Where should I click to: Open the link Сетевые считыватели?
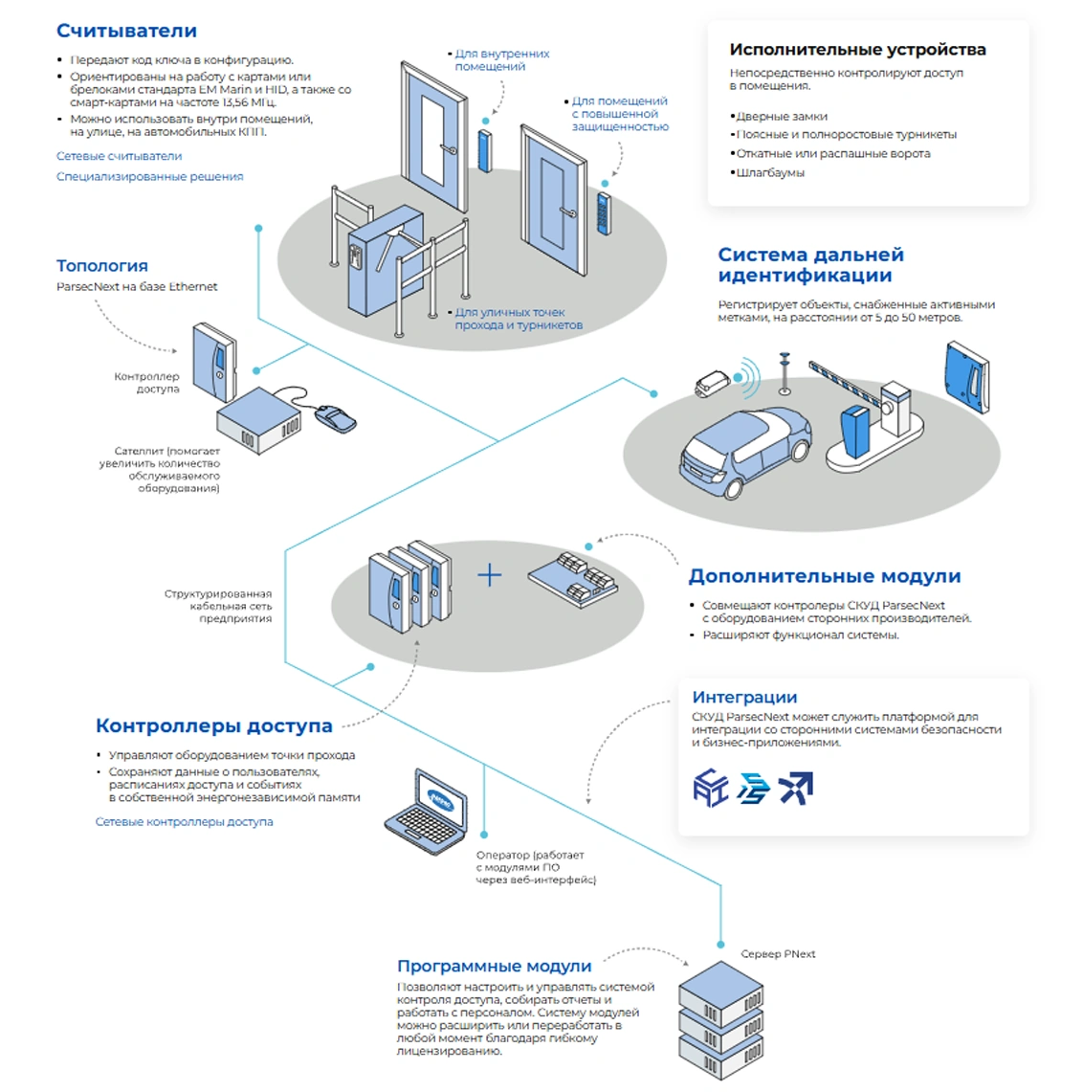pyautogui.click(x=119, y=156)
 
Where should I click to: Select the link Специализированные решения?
pyautogui.click(x=149, y=176)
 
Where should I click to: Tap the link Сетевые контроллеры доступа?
pyautogui.click(x=184, y=821)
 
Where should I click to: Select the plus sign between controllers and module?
pyautogui.click(x=489, y=574)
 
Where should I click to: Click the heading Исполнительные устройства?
pyautogui.click(x=857, y=50)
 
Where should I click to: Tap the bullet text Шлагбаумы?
pyautogui.click(x=770, y=173)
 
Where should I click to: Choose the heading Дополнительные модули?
pyautogui.click(x=824, y=576)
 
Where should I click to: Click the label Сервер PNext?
pyautogui.click(x=778, y=954)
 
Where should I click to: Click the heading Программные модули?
pyautogui.click(x=494, y=967)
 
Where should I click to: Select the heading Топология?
pyautogui.click(x=101, y=266)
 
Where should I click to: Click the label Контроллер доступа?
pyautogui.click(x=146, y=383)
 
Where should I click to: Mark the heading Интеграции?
pyautogui.click(x=743, y=698)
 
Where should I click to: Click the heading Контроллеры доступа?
pyautogui.click(x=213, y=725)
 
